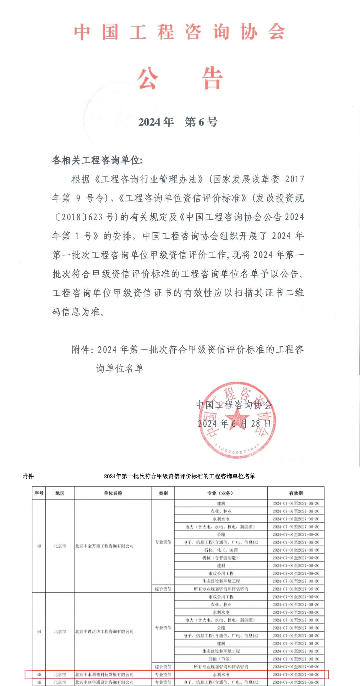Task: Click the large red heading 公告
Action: pyautogui.click(x=180, y=78)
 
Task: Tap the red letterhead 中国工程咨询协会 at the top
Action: pyautogui.click(x=179, y=32)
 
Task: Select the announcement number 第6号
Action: pyautogui.click(x=201, y=122)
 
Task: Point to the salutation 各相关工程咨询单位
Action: pyautogui.click(x=97, y=160)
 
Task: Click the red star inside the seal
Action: pyautogui.click(x=237, y=418)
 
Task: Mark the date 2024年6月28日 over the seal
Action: pyautogui.click(x=234, y=423)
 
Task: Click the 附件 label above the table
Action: pyautogui.click(x=28, y=476)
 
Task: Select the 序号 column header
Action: pyautogui.click(x=39, y=493)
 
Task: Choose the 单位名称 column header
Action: pyautogui.click(x=113, y=493)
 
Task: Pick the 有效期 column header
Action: pyautogui.click(x=296, y=493)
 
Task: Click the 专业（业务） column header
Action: pyautogui.click(x=221, y=493)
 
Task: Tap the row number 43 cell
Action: pyautogui.click(x=39, y=546)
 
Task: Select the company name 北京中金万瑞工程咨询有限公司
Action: pyautogui.click(x=104, y=546)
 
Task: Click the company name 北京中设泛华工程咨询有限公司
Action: pyautogui.click(x=104, y=632)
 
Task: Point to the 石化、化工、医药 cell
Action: pyautogui.click(x=221, y=550)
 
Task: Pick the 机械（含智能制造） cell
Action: pyautogui.click(x=221, y=558)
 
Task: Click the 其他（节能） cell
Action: pyautogui.click(x=221, y=659)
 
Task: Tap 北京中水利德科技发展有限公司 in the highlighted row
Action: pyautogui.click(x=104, y=675)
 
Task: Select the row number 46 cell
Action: pyautogui.click(x=39, y=682)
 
